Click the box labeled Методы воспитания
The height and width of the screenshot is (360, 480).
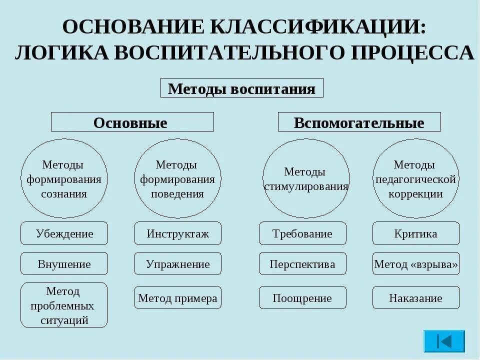(241, 88)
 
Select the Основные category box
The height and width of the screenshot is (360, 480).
(132, 122)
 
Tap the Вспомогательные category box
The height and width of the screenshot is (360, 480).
(359, 122)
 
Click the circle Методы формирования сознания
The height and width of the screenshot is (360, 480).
(64, 178)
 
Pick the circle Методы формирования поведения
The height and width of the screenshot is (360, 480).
(177, 178)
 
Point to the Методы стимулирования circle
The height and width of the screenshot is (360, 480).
(306, 178)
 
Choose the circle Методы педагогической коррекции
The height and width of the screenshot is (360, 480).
(415, 178)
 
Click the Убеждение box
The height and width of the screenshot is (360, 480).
(64, 233)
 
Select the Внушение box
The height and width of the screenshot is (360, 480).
(64, 263)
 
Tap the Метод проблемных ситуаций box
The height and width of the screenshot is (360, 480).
(64, 305)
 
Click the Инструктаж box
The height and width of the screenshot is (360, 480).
(177, 233)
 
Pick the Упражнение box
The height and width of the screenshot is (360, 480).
(177, 263)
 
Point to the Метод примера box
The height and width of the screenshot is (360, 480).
(177, 298)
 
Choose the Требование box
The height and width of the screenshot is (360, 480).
(302, 233)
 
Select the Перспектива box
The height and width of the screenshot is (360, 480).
(302, 263)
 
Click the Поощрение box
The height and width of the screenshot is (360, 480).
(302, 298)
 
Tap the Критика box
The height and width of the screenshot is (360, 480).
(415, 233)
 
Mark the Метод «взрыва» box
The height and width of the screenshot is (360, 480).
(415, 263)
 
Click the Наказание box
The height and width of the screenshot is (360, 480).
(415, 298)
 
